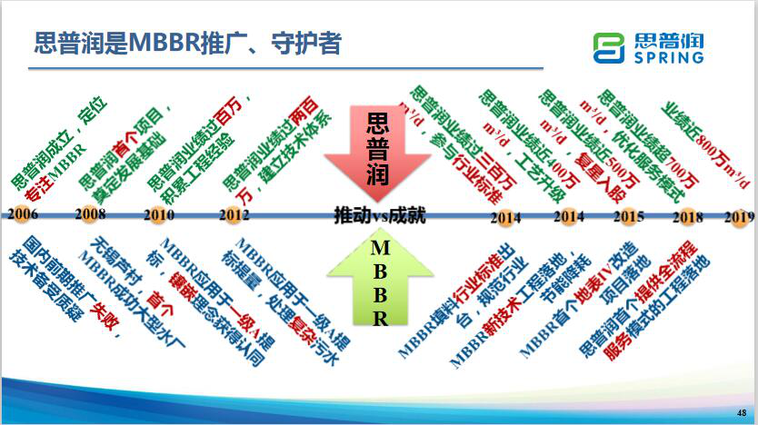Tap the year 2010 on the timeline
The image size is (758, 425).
[160, 215]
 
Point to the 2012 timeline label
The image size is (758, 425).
[233, 215]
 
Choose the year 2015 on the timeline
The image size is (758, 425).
[629, 217]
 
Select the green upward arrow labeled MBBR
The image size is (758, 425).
[380, 282]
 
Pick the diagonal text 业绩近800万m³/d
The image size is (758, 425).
[704, 141]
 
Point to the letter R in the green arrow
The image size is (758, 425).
[380, 318]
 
